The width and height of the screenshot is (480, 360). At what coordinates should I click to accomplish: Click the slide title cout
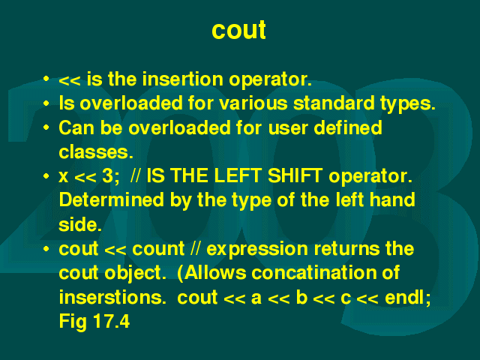click(238, 30)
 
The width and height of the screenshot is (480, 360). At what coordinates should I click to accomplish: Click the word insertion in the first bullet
click(183, 79)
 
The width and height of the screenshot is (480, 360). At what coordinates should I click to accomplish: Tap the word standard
click(334, 103)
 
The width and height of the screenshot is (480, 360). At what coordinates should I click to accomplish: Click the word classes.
click(96, 151)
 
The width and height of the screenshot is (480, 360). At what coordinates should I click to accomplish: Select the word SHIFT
click(295, 176)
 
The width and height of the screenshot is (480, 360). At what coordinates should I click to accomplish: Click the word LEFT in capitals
click(237, 176)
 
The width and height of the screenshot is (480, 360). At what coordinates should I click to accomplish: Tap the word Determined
click(112, 200)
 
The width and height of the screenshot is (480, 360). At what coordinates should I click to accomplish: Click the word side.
click(80, 224)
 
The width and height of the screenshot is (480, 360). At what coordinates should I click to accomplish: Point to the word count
click(158, 248)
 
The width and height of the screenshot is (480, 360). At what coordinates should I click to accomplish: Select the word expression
click(257, 250)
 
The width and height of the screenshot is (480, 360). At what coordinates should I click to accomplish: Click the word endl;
click(408, 297)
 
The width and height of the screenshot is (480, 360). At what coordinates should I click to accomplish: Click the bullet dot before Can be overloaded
click(46, 127)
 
